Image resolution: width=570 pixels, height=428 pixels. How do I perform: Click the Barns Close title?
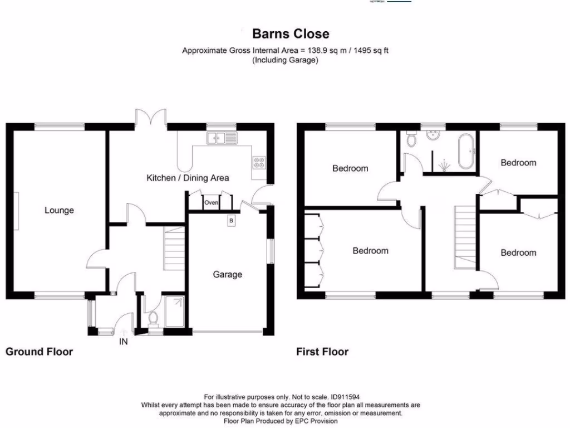(x=291, y=34)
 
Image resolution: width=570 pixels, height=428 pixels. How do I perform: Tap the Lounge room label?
(x=59, y=210)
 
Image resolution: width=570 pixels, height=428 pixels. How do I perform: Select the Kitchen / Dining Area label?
(x=188, y=178)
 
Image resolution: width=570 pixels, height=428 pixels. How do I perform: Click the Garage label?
(x=228, y=274)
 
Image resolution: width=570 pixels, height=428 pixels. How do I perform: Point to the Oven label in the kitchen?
(x=211, y=203)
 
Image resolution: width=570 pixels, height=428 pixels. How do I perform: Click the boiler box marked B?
(x=231, y=221)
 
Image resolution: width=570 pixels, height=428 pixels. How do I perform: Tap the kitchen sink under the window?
(x=221, y=138)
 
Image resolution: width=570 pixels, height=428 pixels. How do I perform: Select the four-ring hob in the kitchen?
(x=259, y=162)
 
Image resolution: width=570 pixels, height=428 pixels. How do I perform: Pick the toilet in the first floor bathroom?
(x=411, y=139)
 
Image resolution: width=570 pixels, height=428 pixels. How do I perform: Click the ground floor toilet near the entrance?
(x=154, y=319)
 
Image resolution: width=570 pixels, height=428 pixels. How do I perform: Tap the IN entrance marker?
(x=123, y=342)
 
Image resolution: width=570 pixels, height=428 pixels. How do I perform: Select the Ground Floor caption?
(x=39, y=352)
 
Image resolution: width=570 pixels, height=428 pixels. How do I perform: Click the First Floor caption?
(x=323, y=352)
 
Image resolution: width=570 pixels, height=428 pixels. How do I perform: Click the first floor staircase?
(x=466, y=237)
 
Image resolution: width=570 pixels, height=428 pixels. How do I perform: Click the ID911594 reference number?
(x=345, y=397)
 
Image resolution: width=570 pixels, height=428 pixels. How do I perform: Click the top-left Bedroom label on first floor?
(x=350, y=168)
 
